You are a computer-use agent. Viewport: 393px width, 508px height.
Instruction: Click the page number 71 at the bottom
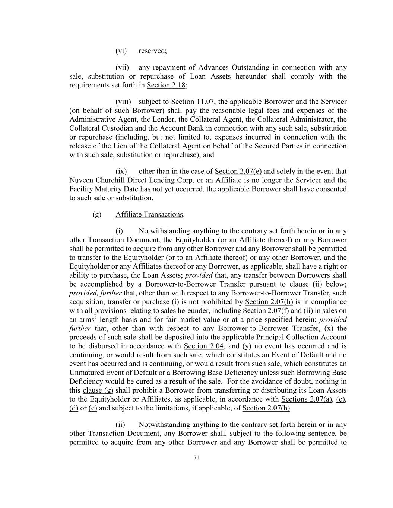[x=196, y=458]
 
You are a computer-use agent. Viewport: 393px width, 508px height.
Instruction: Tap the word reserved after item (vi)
[x=152, y=51]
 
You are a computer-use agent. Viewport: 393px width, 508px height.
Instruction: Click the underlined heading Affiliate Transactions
[x=149, y=214]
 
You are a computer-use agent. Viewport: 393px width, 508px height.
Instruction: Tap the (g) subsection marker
[x=96, y=214]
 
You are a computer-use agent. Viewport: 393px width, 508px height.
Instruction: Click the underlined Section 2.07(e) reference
[x=238, y=171]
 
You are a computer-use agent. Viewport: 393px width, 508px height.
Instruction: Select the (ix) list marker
[x=121, y=171]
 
